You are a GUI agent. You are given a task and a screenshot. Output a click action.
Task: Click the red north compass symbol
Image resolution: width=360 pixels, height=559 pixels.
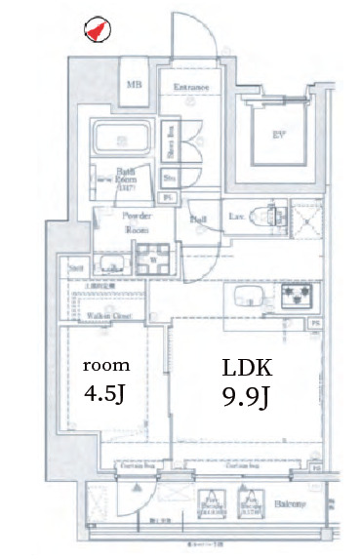tap(95, 30)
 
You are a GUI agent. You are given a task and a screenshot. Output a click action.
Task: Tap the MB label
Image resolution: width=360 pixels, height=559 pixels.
tap(134, 85)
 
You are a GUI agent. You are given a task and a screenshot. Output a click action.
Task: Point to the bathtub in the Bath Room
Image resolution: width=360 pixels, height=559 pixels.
tap(121, 139)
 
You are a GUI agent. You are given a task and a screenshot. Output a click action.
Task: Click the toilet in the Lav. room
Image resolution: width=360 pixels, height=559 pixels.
tap(261, 217)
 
